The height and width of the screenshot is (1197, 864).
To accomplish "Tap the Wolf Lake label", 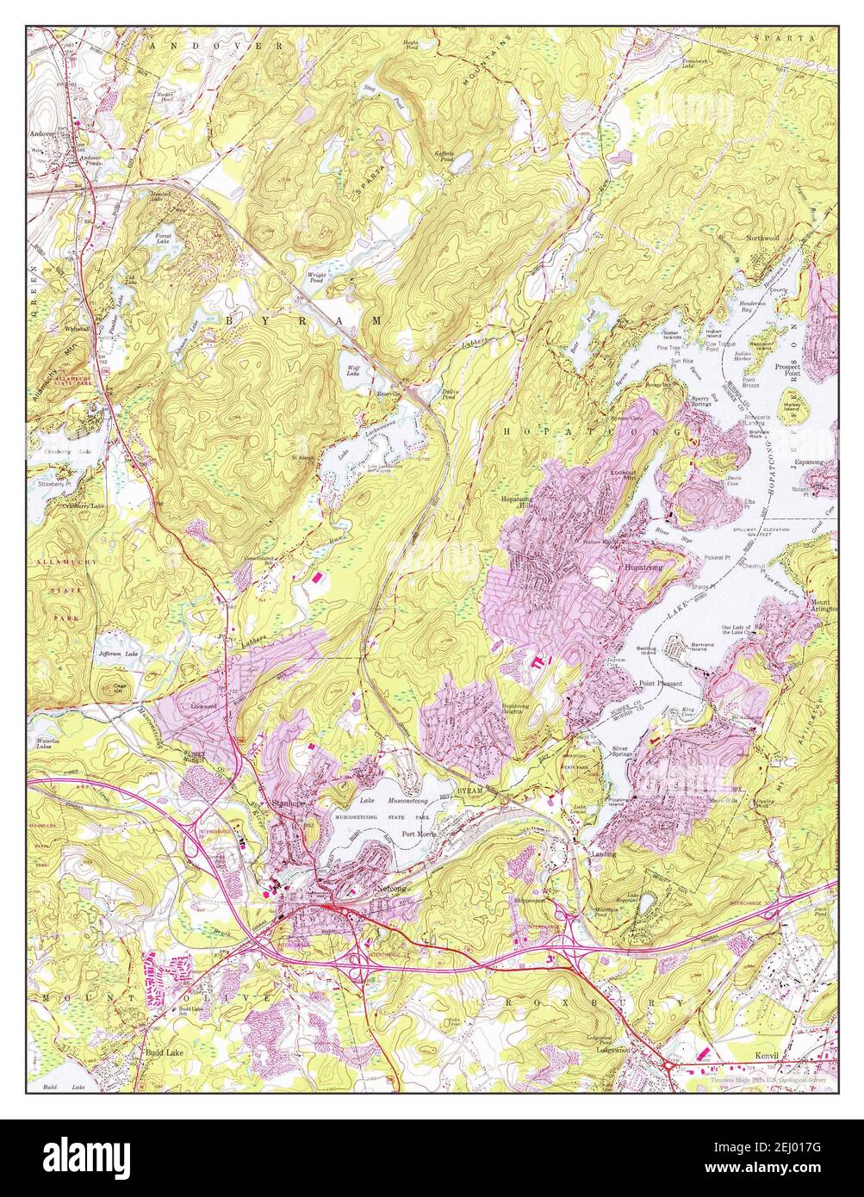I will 353,371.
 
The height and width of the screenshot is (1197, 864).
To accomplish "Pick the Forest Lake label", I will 163,238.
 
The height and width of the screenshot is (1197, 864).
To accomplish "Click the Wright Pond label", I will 316,277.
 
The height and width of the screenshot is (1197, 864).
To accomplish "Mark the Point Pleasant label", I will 660,683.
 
